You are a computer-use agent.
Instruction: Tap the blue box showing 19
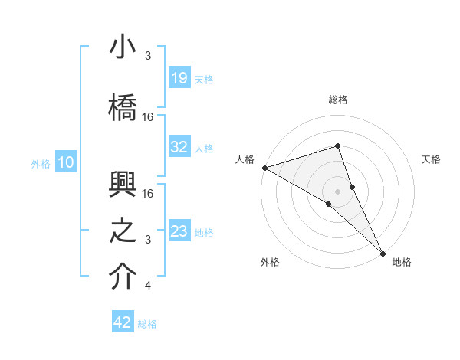(x=179, y=79)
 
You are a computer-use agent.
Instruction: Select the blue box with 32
(x=179, y=148)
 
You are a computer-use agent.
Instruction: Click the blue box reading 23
(x=179, y=231)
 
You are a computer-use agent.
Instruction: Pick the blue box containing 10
(x=66, y=162)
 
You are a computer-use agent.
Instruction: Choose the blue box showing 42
(x=123, y=322)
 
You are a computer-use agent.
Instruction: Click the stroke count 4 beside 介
(x=147, y=286)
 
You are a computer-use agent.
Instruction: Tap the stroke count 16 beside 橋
(x=148, y=116)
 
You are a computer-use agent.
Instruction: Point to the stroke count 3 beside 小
(x=147, y=56)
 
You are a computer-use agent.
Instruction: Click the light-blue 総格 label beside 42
(x=147, y=324)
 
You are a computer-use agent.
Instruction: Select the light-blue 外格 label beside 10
(x=41, y=163)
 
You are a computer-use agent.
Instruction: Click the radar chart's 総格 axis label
(x=337, y=100)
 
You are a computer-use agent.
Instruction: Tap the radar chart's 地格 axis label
(x=402, y=262)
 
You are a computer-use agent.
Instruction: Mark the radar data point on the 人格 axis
(x=264, y=167)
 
